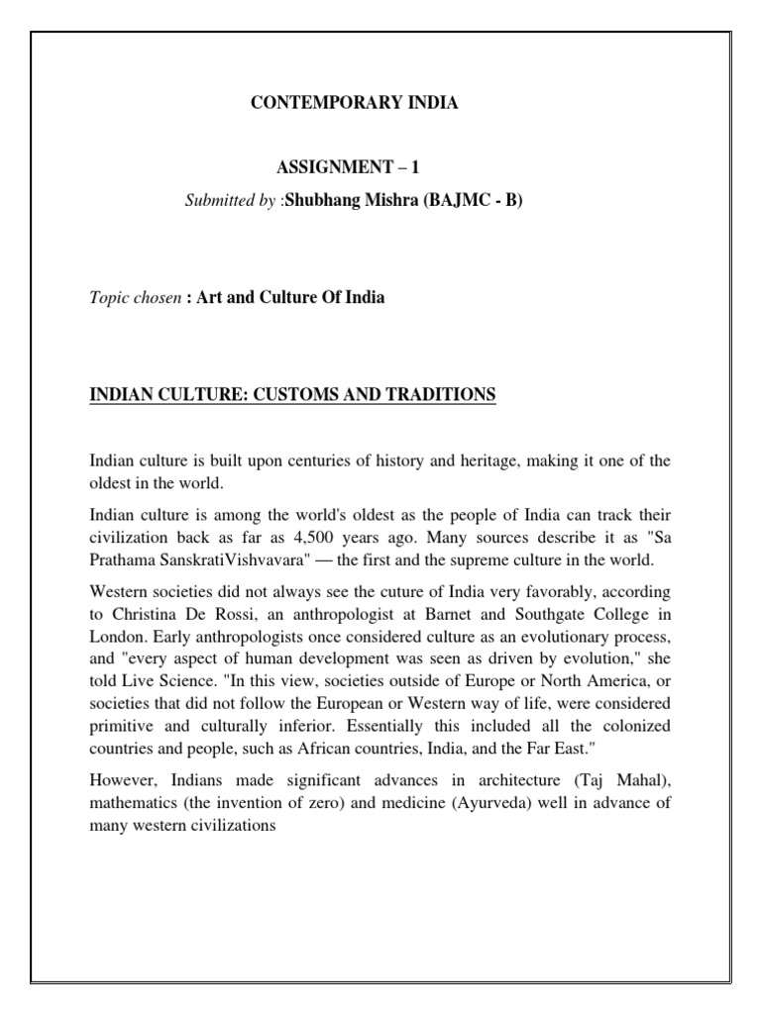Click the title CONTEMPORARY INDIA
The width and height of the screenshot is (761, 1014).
tap(352, 103)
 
